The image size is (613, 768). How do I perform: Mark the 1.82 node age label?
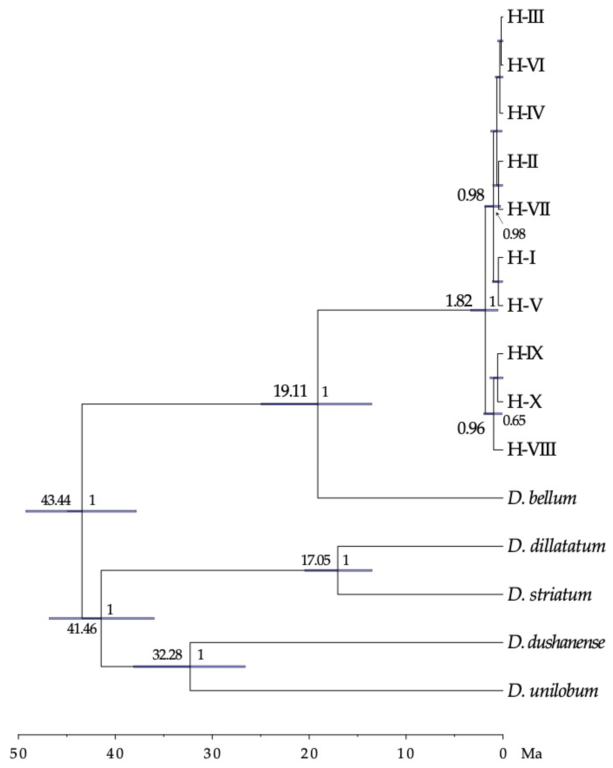pos(459,301)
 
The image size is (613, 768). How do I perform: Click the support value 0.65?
pos(514,421)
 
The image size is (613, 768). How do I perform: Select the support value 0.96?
pos(471,429)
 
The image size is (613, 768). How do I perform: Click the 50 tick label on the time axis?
pos(18,754)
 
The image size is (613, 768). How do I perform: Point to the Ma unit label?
pos(531,754)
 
